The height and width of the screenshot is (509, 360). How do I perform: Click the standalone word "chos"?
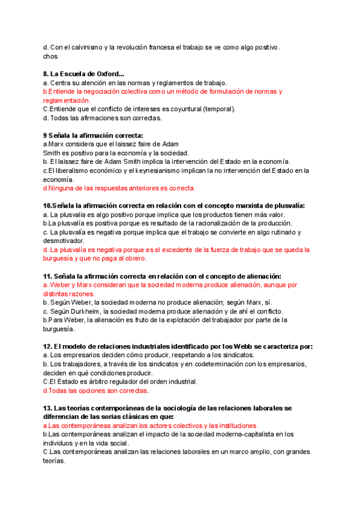[50, 56]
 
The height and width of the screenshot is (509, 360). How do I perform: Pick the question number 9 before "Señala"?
[46, 136]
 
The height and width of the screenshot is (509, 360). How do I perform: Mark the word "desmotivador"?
[67, 241]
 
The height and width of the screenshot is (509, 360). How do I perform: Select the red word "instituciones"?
[216, 425]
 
